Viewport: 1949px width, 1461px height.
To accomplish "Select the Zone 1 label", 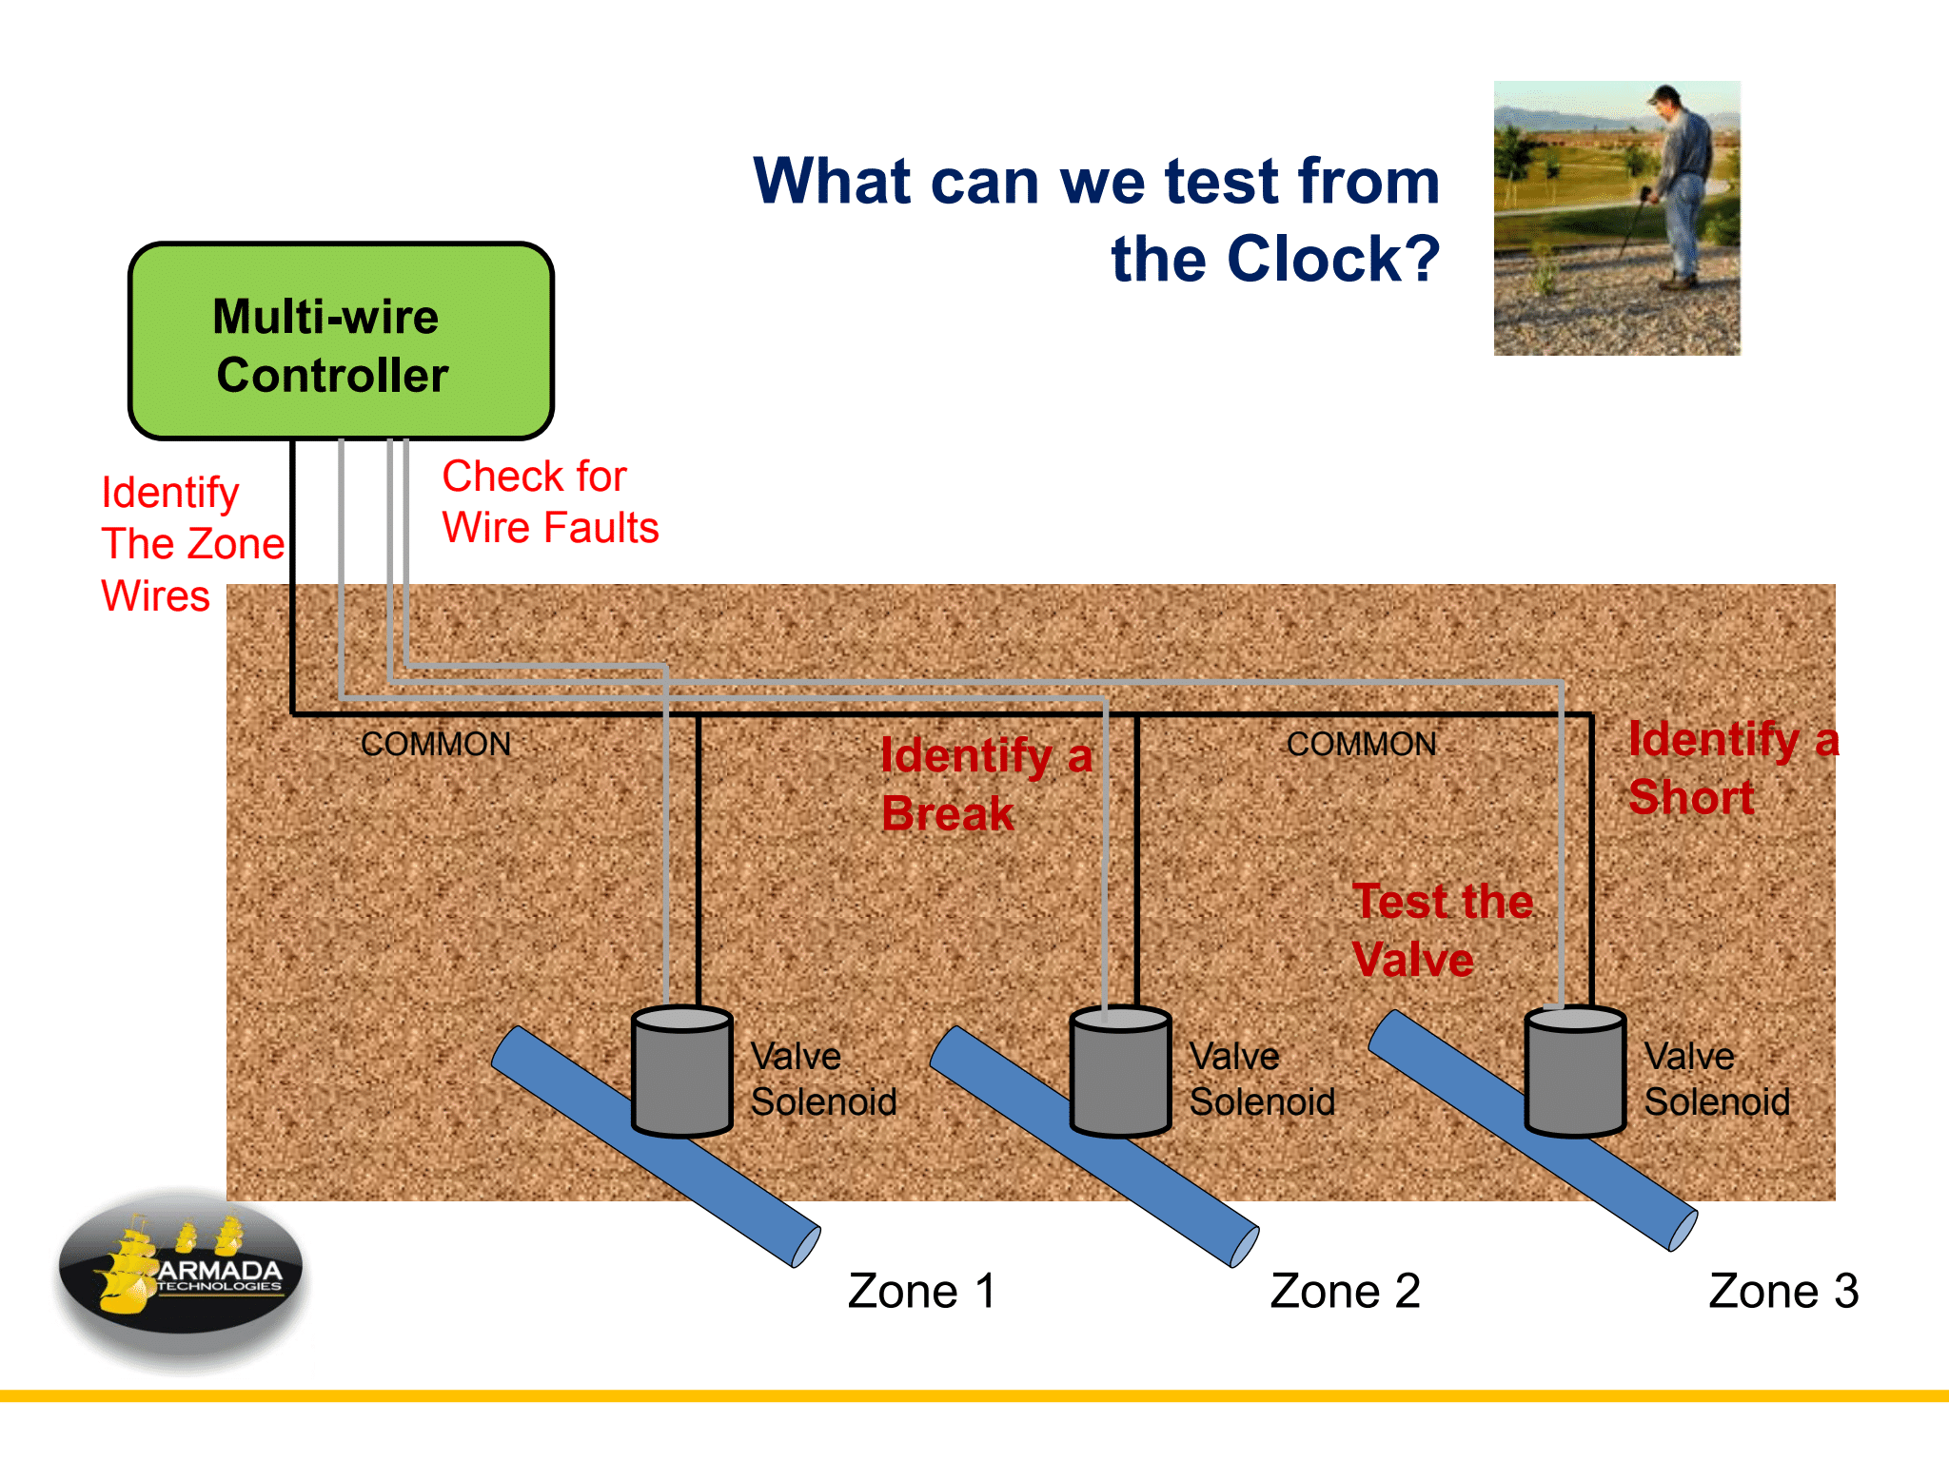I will (921, 1291).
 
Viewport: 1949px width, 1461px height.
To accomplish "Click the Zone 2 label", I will (1345, 1291).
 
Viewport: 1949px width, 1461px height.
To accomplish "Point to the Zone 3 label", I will (1782, 1291).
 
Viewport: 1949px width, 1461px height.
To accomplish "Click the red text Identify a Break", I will (985, 785).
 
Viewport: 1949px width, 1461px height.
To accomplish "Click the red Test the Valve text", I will (1441, 929).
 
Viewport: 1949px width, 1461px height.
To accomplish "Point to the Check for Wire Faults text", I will (549, 502).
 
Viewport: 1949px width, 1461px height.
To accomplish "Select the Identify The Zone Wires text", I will (190, 544).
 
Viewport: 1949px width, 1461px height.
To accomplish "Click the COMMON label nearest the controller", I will (436, 744).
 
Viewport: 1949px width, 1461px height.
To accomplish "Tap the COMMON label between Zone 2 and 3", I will (1361, 744).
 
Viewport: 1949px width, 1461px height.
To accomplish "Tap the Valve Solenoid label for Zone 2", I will (1261, 1080).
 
